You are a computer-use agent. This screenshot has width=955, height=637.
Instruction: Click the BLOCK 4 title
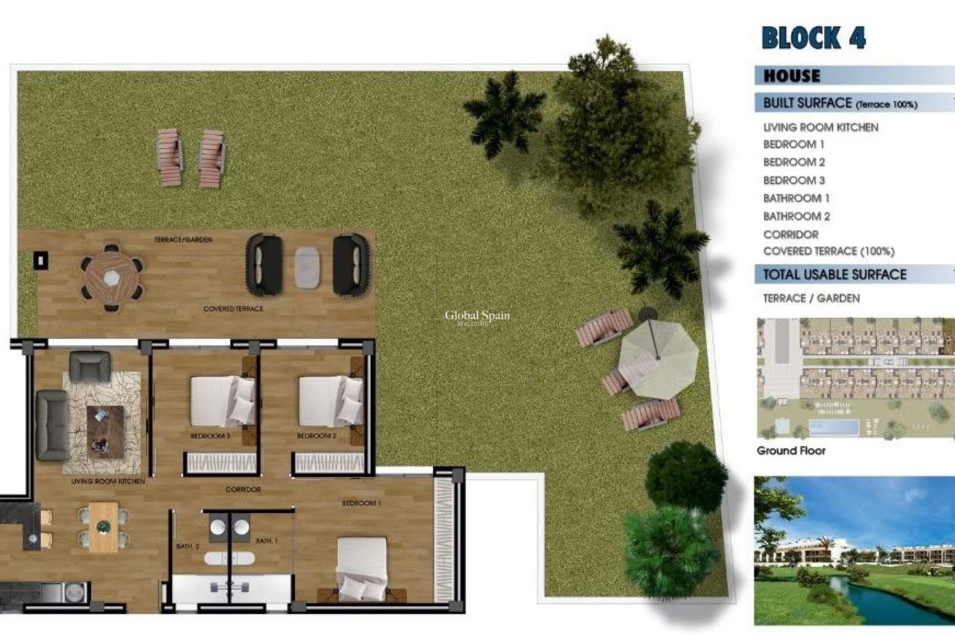[x=813, y=38]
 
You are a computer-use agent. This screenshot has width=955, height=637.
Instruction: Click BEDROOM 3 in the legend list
[x=794, y=180]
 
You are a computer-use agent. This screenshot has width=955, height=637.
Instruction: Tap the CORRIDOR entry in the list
[x=790, y=234]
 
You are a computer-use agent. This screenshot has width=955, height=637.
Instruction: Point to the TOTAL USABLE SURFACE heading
[x=834, y=274]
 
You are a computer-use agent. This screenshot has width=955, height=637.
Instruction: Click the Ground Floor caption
[x=791, y=451]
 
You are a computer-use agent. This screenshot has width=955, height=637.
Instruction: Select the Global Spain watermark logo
[x=477, y=317]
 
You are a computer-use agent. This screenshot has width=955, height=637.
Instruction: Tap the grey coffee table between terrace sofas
[x=307, y=267]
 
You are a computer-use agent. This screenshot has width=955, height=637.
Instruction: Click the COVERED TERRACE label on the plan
[x=233, y=309]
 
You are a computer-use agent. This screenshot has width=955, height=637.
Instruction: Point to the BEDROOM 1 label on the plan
[x=361, y=503]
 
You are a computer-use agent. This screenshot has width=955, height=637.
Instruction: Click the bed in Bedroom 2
[x=330, y=401]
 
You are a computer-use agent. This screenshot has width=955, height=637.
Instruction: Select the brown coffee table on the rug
[x=105, y=431]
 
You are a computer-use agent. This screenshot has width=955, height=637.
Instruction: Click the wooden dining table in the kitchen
[x=103, y=527]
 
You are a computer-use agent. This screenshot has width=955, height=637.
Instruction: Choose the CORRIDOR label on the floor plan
[x=243, y=490]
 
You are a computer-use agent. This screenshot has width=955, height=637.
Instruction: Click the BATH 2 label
[x=188, y=546]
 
